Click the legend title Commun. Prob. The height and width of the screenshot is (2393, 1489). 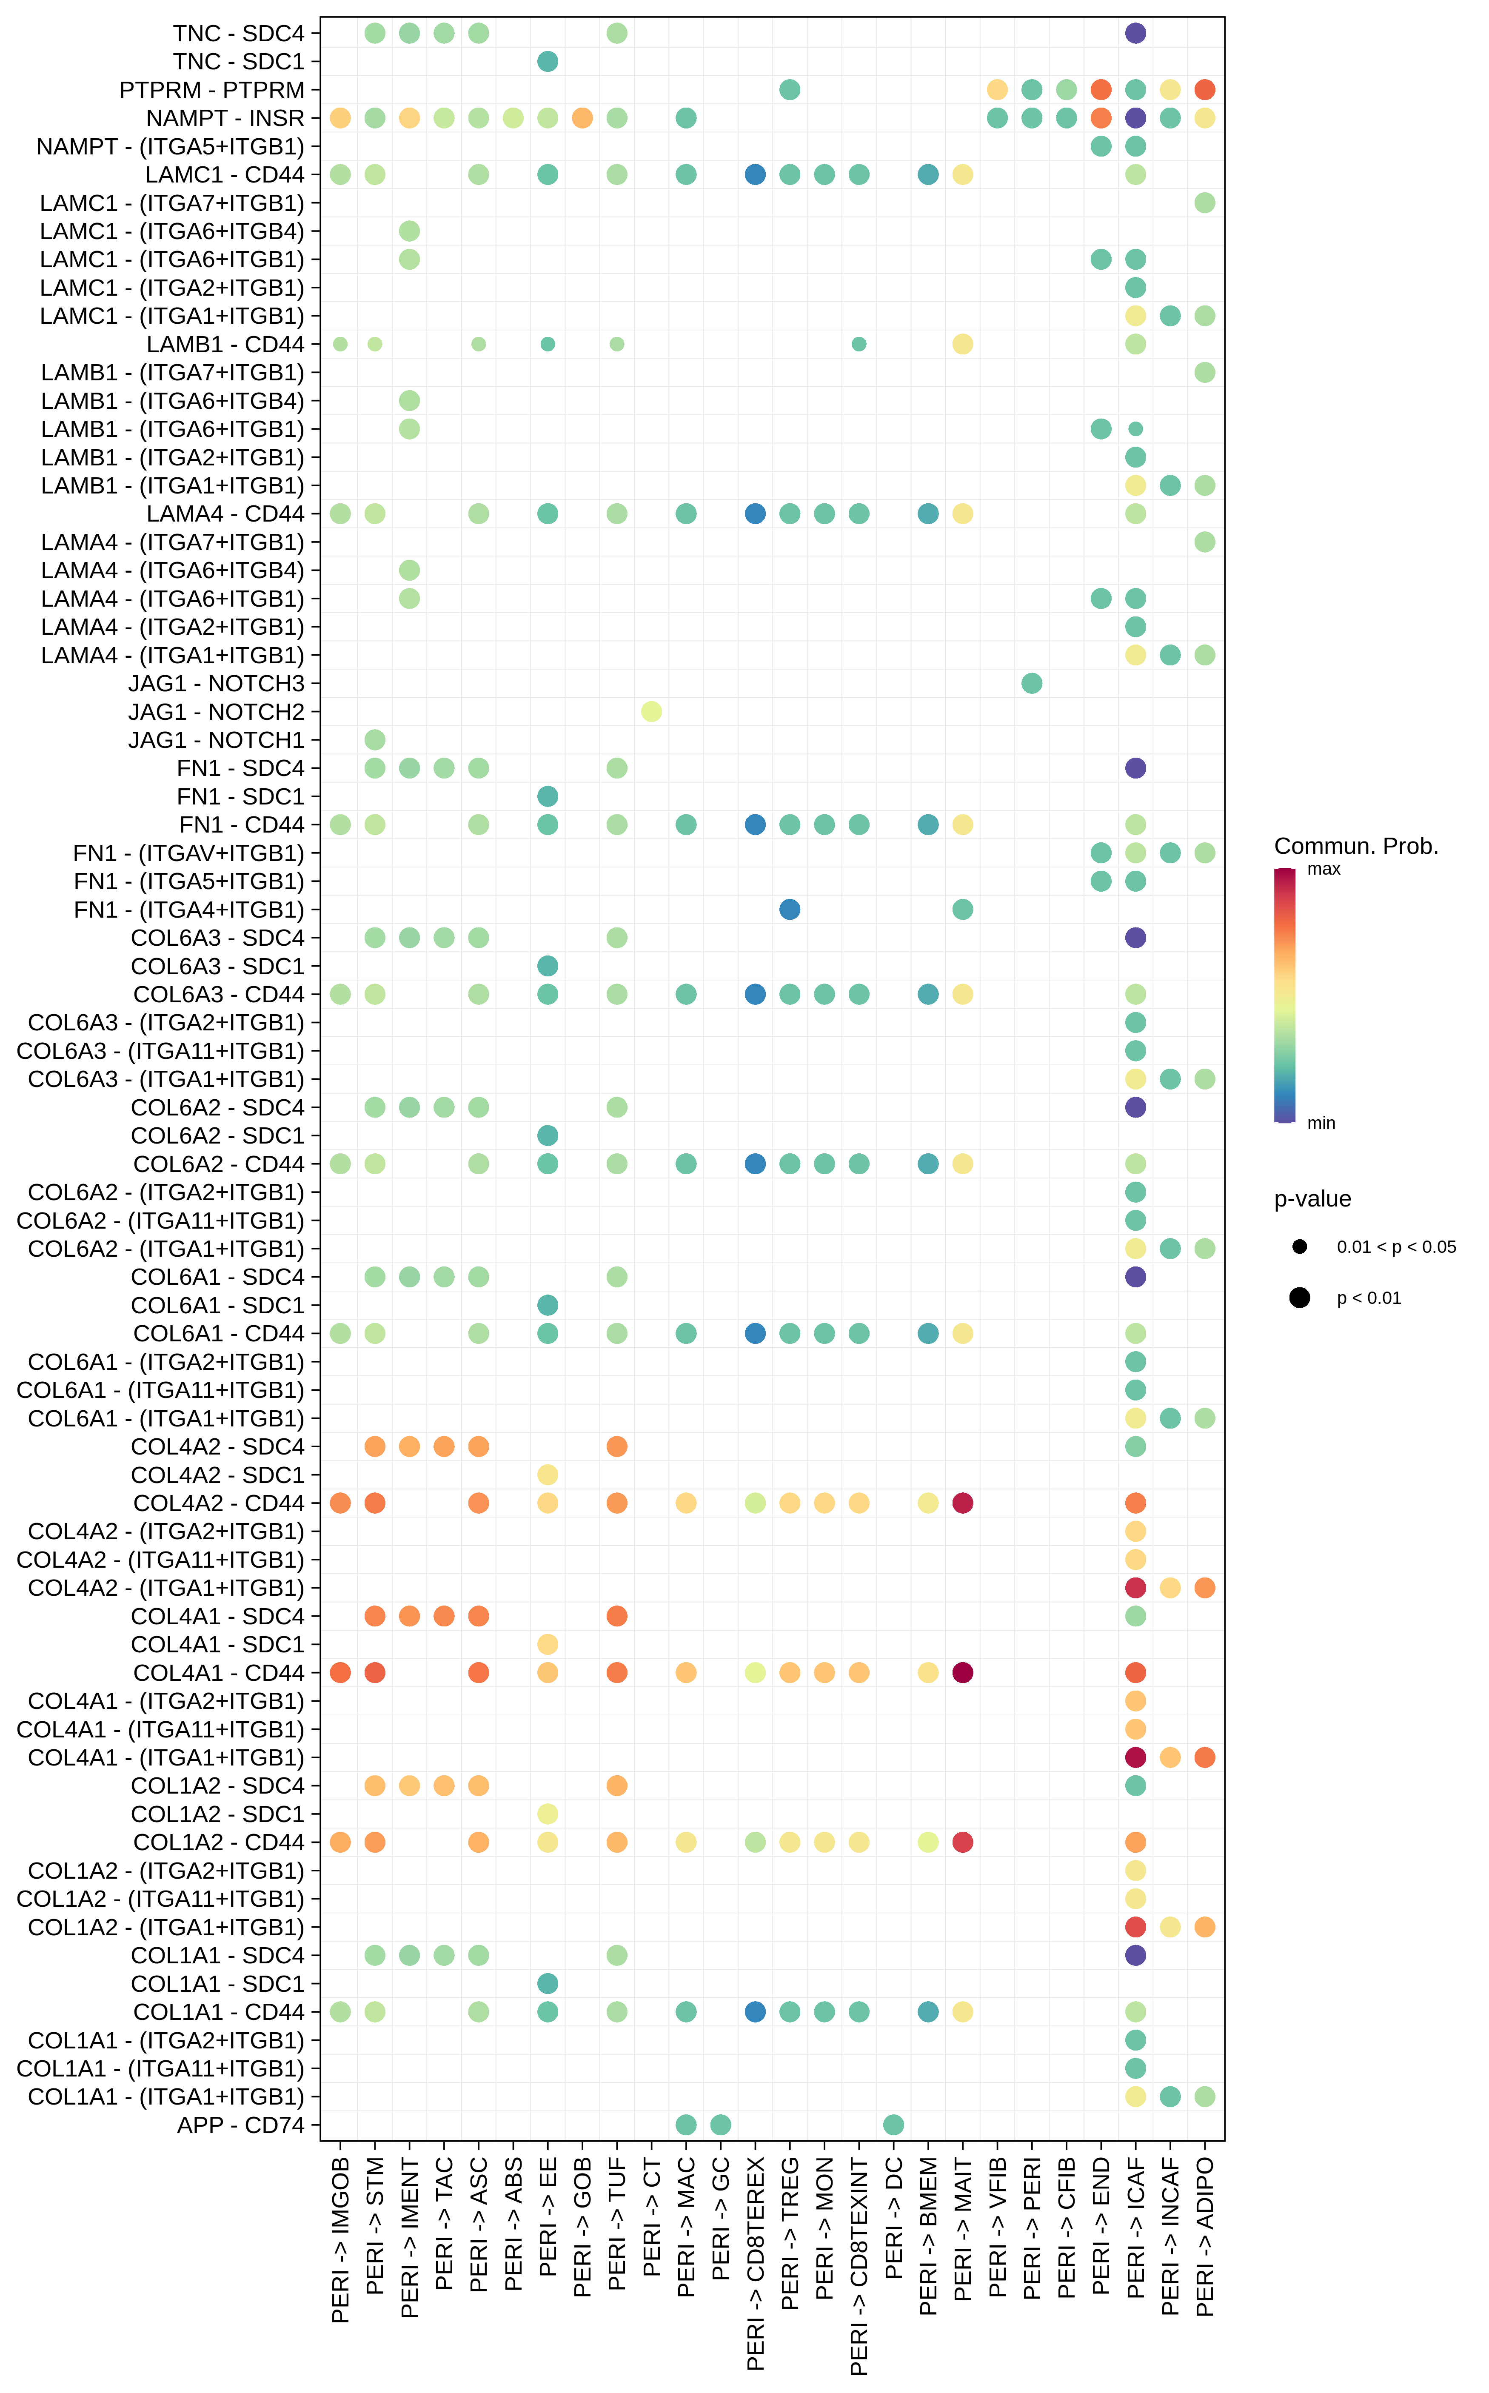[x=1355, y=846]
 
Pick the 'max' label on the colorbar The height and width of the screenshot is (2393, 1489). [x=1324, y=869]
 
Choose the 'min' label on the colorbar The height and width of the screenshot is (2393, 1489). [x=1321, y=1123]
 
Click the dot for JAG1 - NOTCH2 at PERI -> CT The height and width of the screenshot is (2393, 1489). [x=651, y=711]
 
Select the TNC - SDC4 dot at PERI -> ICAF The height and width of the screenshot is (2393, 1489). [x=1135, y=34]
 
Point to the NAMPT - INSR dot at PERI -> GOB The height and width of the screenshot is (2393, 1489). [x=582, y=118]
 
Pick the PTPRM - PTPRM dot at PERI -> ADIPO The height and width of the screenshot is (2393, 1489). [x=1204, y=90]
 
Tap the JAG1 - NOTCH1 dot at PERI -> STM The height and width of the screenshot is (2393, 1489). [x=374, y=739]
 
